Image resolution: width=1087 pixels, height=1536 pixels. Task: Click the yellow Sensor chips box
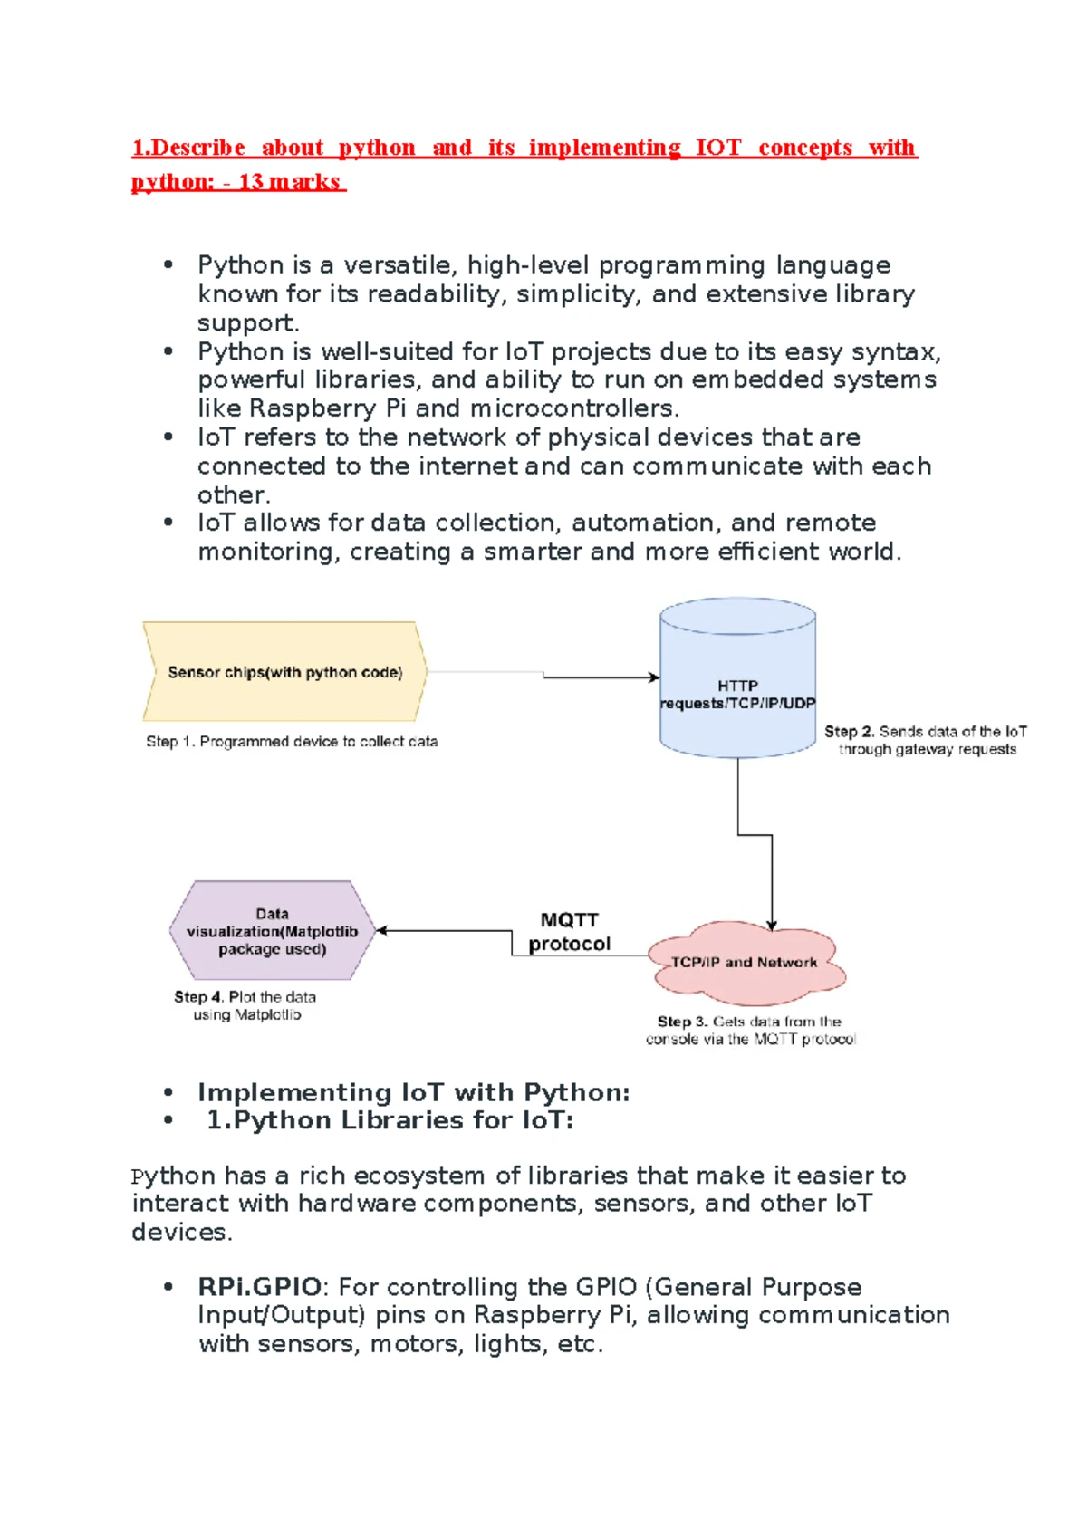[284, 671]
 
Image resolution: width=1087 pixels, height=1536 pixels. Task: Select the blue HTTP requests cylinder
[737, 677]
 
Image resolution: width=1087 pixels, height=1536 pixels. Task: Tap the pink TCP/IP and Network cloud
[746, 963]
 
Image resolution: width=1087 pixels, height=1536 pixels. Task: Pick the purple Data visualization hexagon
[273, 930]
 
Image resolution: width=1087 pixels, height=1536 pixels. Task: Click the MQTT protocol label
[569, 932]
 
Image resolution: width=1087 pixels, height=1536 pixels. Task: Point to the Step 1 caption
[292, 742]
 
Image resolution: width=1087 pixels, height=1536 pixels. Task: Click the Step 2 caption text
[926, 741]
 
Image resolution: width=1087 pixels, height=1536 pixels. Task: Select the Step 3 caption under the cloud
[750, 1031]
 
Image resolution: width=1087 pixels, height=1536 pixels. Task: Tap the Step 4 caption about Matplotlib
[245, 1006]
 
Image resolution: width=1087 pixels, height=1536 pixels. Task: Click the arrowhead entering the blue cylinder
[654, 677]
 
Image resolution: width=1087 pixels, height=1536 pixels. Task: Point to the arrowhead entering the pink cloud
[772, 926]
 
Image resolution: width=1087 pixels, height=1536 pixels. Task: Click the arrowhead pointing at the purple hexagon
[382, 930]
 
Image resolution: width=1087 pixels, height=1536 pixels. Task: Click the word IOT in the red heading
[718, 148]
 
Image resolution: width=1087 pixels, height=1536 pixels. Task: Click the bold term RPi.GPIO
[259, 1287]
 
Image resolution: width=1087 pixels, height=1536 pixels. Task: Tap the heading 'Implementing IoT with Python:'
[414, 1092]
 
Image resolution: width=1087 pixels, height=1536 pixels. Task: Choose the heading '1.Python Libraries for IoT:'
[390, 1120]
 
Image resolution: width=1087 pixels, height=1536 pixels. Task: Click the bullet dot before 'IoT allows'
[168, 523]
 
